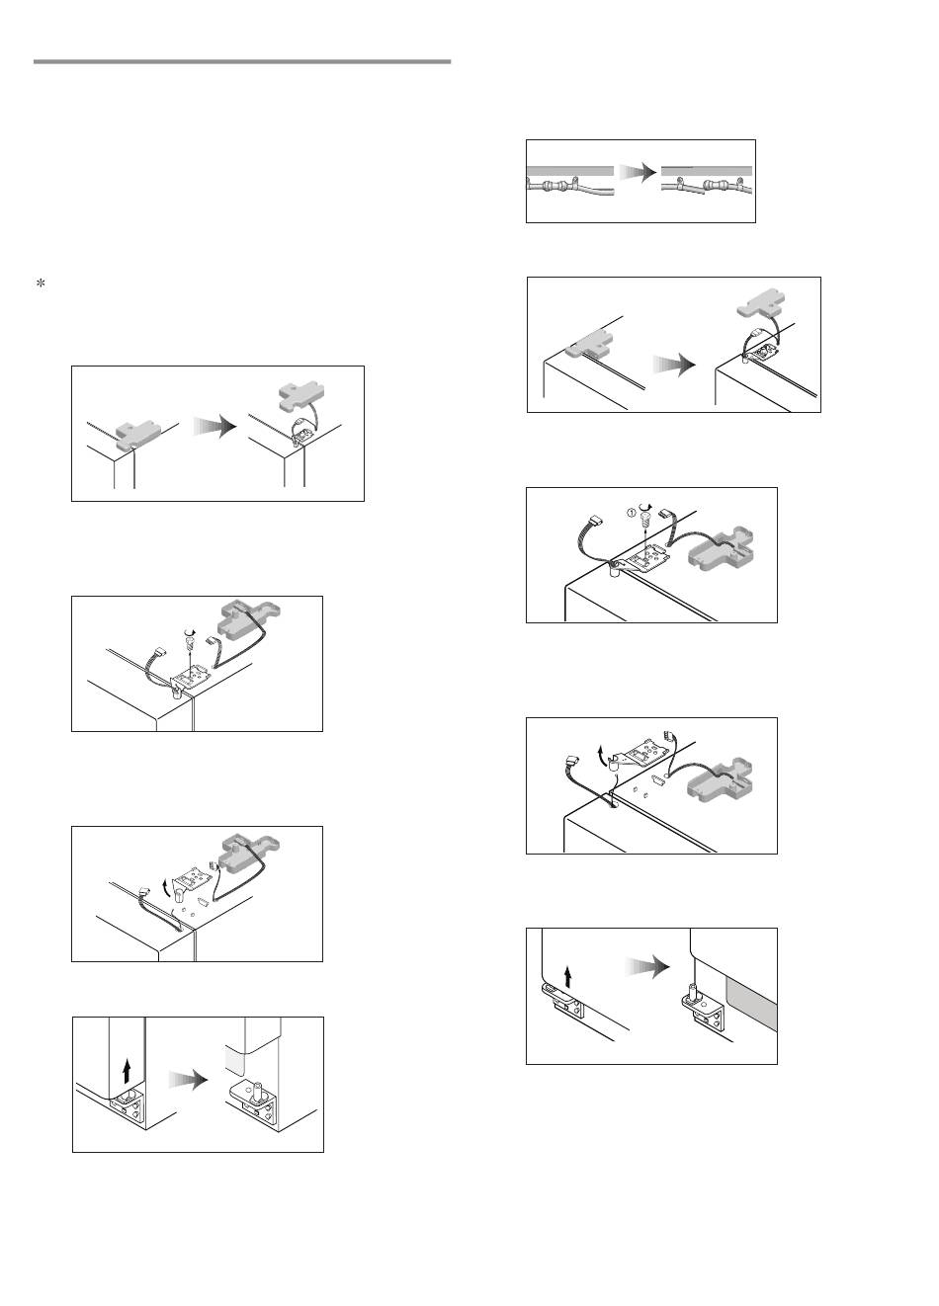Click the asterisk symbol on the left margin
click(x=41, y=285)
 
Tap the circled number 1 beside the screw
click(x=631, y=514)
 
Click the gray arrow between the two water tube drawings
click(x=638, y=173)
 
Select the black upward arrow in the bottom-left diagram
click(x=127, y=1071)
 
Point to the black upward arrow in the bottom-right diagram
click(x=567, y=976)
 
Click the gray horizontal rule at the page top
click(x=242, y=61)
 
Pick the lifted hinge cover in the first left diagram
click(x=300, y=396)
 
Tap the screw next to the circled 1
click(x=645, y=521)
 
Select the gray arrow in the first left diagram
click(x=215, y=427)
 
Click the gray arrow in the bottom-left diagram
click(x=189, y=1080)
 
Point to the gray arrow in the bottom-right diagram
click(x=648, y=967)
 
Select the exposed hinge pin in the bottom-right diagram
click(x=695, y=990)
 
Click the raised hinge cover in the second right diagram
click(x=760, y=303)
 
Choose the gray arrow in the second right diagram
click(x=674, y=365)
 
